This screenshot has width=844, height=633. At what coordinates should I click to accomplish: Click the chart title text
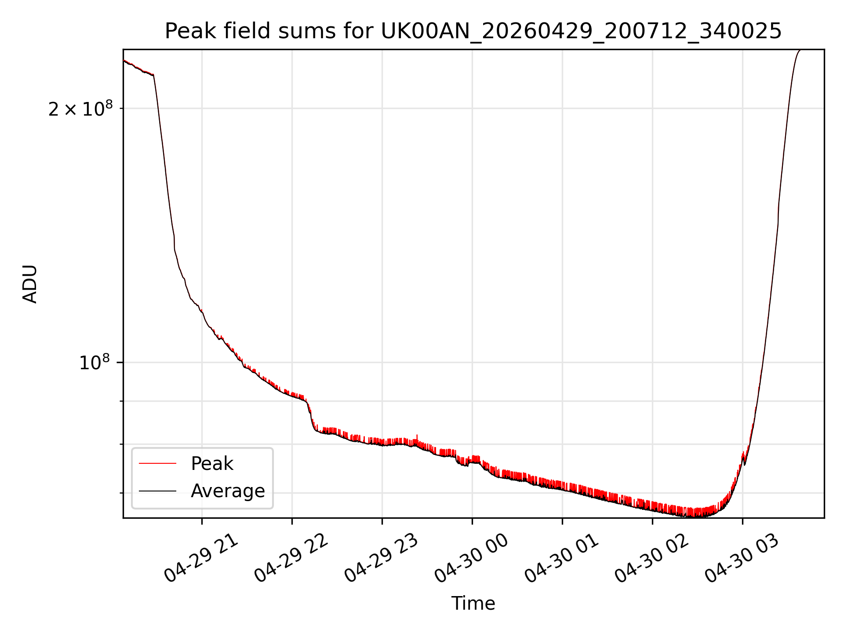[473, 31]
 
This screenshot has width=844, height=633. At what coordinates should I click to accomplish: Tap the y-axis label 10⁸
[95, 363]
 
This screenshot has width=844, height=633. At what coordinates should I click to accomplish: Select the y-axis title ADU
[30, 284]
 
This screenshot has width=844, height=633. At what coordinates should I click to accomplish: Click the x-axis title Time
[473, 604]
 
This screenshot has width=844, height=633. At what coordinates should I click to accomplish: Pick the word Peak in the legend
[212, 464]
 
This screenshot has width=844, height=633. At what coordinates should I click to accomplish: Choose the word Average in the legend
[228, 491]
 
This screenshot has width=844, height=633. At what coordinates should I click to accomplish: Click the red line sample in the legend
[157, 464]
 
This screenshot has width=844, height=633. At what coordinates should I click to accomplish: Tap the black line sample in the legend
[157, 491]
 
